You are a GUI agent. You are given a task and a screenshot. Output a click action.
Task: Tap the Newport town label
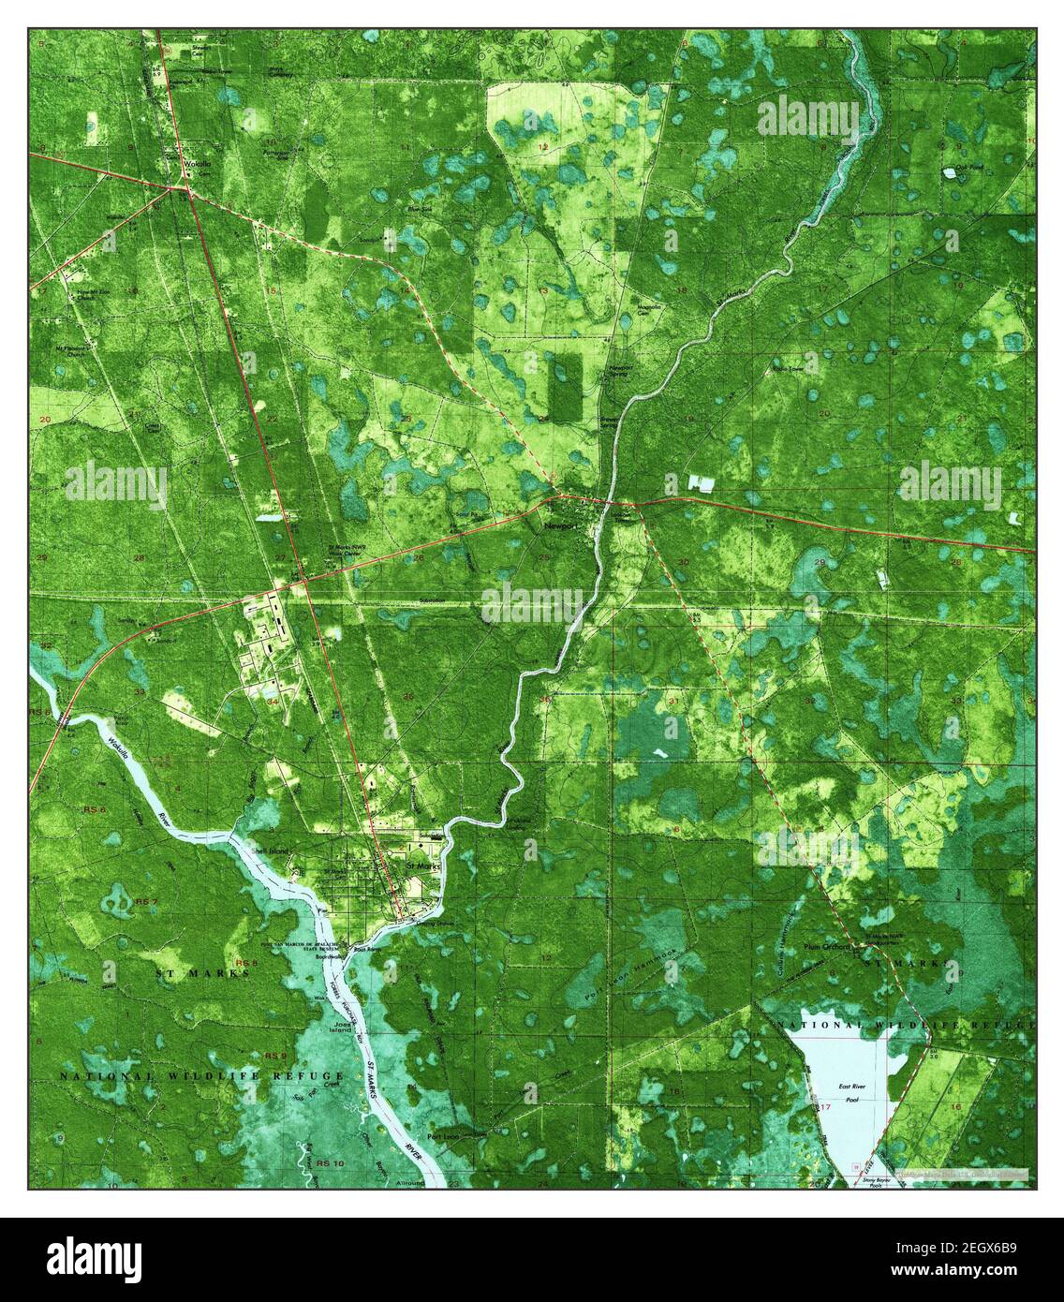(560, 527)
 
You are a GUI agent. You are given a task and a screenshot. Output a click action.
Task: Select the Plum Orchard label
(826, 947)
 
